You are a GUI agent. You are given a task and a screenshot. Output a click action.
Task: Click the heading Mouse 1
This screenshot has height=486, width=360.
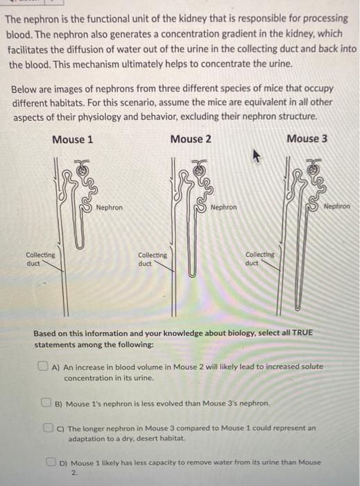pyautogui.click(x=72, y=139)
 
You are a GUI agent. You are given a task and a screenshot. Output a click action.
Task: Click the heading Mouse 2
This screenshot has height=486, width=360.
pyautogui.click(x=191, y=139)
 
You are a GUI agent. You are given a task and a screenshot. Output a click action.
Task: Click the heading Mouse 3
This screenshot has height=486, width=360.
pyautogui.click(x=307, y=139)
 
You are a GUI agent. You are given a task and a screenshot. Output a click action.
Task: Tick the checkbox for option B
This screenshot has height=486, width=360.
pyautogui.click(x=46, y=401)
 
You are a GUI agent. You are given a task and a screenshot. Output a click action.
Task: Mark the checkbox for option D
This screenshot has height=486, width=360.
pyautogui.click(x=52, y=461)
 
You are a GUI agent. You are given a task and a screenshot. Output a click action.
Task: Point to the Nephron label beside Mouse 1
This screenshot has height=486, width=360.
pyautogui.click(x=110, y=207)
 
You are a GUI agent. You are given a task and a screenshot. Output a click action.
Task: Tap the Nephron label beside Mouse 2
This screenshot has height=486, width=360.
pyautogui.click(x=223, y=207)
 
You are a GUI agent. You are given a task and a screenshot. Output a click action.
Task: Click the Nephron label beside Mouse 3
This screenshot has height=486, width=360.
pyautogui.click(x=336, y=206)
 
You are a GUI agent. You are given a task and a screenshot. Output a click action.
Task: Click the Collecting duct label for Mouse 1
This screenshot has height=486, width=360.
pyautogui.click(x=40, y=259)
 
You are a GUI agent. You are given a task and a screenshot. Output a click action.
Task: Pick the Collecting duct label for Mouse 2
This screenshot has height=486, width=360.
pyautogui.click(x=153, y=260)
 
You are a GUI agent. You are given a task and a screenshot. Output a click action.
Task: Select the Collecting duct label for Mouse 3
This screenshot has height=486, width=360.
pyautogui.click(x=260, y=259)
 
